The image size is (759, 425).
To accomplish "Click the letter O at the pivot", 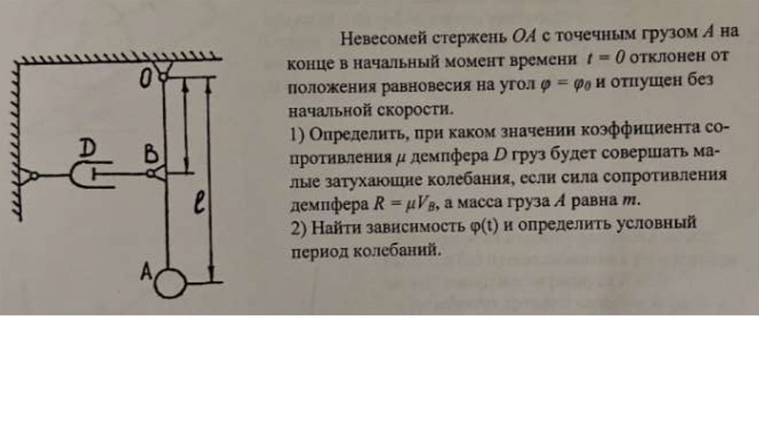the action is (146, 78).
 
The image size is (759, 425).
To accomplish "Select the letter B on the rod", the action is (150, 154).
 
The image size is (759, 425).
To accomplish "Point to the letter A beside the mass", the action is (147, 272).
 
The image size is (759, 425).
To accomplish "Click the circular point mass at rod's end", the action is (171, 282).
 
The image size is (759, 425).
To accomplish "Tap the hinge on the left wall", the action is (30, 175).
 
